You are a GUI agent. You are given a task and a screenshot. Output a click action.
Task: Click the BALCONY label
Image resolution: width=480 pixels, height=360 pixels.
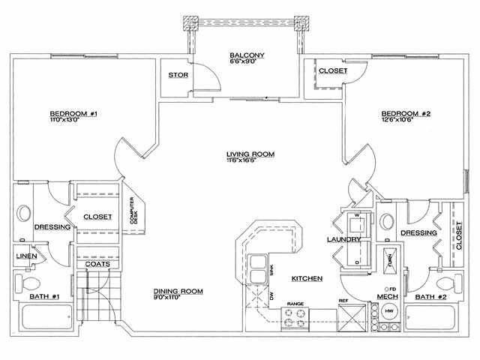click(244, 54)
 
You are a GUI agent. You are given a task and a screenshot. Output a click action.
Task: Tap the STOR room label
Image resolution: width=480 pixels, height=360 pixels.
click(178, 75)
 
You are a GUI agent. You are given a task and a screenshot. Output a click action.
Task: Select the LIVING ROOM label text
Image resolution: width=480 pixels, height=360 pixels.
click(250, 154)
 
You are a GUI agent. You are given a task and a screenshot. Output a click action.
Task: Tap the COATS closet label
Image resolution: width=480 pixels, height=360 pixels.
click(97, 263)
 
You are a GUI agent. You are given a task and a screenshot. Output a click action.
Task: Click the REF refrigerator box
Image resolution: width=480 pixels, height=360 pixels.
click(349, 316)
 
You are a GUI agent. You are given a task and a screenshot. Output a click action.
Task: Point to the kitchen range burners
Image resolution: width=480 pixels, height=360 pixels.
click(295, 319)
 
